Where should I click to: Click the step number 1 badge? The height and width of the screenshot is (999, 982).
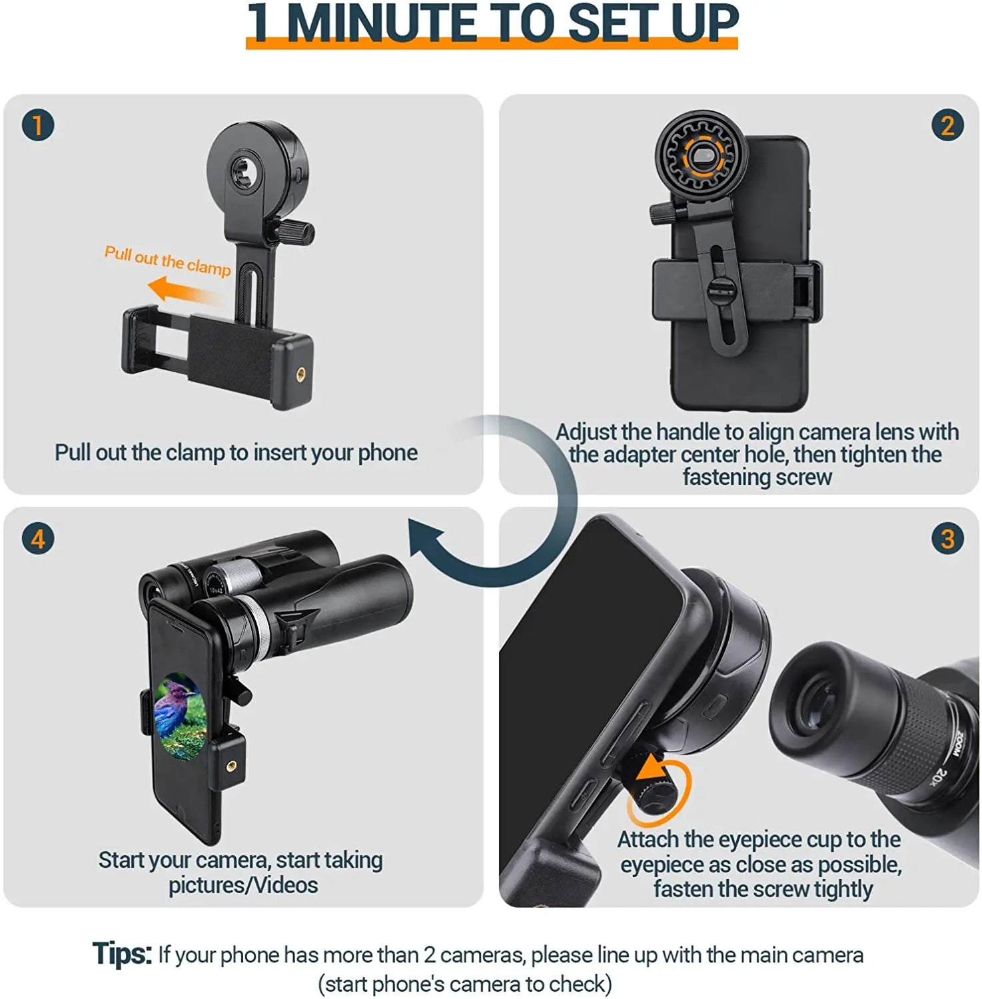coord(37,125)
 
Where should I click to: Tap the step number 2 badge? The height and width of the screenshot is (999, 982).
coord(947,125)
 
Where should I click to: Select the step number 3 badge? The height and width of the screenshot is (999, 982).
coord(947,538)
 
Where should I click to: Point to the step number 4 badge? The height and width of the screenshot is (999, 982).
coord(37,538)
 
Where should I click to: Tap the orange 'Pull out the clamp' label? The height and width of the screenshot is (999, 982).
coord(167,260)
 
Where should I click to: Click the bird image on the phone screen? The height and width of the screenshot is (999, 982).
coord(178,716)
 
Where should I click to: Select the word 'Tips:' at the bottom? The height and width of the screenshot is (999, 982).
coord(122,954)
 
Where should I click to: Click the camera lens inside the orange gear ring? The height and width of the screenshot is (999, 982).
coord(702,157)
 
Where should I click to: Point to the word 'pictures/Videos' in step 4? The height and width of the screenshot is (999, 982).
coord(243,885)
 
